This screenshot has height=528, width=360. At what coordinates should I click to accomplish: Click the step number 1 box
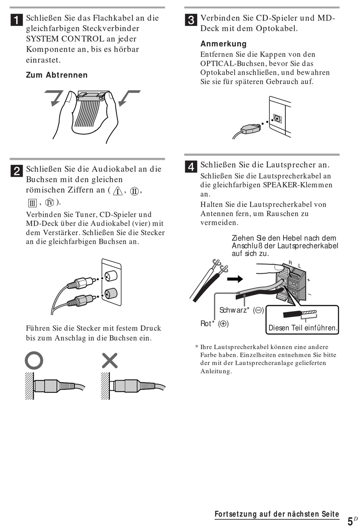pyautogui.click(x=17, y=20)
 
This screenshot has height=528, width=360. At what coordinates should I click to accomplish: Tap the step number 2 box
pyautogui.click(x=17, y=171)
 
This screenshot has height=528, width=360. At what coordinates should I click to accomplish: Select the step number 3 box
pyautogui.click(x=191, y=20)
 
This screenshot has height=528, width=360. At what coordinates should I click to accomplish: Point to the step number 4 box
pyautogui.click(x=191, y=166)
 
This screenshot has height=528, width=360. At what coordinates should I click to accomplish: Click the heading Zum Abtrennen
pyautogui.click(x=56, y=75)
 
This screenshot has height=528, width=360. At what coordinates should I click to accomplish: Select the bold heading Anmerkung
pyautogui.click(x=223, y=44)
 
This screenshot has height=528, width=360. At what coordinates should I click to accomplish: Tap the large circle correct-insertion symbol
pyautogui.click(x=34, y=360)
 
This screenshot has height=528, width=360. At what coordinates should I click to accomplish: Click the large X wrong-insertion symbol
pyautogui.click(x=110, y=360)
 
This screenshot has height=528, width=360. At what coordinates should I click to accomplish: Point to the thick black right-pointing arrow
pyautogui.click(x=235, y=279)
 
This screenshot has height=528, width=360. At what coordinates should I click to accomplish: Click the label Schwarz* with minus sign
pyautogui.click(x=241, y=310)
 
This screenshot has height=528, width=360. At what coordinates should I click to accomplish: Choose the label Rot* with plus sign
pyautogui.click(x=214, y=324)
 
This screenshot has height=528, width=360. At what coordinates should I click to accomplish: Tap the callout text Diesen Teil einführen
pyautogui.click(x=302, y=328)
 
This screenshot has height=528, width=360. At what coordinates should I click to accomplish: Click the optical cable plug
pyautogui.click(x=250, y=128)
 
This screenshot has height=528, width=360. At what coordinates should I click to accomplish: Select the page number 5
pyautogui.click(x=350, y=521)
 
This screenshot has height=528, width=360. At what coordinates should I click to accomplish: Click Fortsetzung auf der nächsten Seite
pyautogui.click(x=277, y=514)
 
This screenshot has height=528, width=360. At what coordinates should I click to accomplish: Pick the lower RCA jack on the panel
pyautogui.click(x=111, y=293)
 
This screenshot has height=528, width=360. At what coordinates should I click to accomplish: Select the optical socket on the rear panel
pyautogui.click(x=277, y=119)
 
